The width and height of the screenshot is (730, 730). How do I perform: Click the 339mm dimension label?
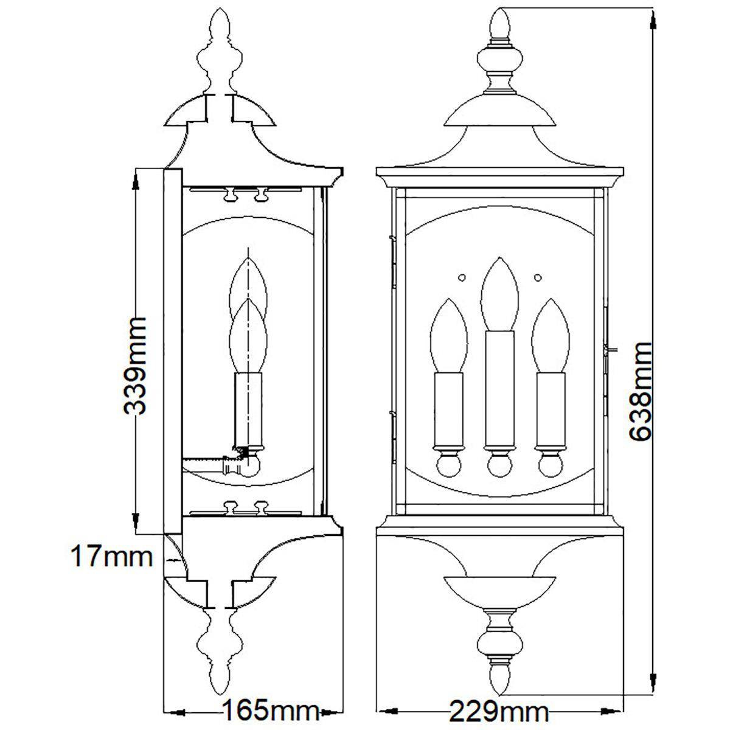[x=135, y=366]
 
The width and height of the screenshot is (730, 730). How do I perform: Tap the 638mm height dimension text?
[x=640, y=392]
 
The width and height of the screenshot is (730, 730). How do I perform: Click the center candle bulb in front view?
[x=499, y=294]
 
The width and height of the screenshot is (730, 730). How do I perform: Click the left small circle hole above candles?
[x=461, y=277]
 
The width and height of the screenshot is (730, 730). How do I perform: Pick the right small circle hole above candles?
[x=538, y=277]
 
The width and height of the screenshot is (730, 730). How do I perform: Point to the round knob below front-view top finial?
[x=499, y=60]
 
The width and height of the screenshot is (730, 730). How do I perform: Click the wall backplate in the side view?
[x=173, y=351]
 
